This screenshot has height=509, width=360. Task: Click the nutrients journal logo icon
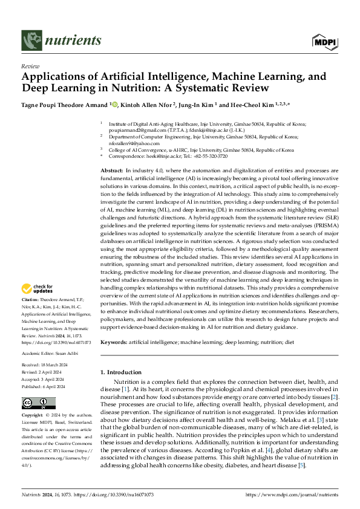tap(30, 41)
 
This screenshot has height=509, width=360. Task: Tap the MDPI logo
tap(324, 42)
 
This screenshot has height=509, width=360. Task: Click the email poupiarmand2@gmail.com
tap(132, 128)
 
